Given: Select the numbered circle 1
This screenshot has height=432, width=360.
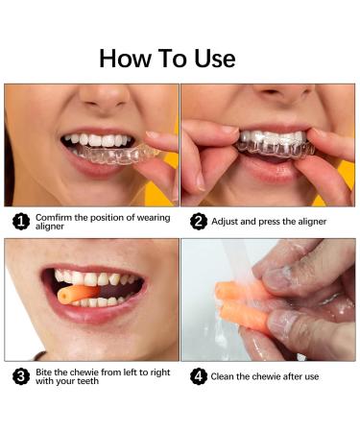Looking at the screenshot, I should (19, 222).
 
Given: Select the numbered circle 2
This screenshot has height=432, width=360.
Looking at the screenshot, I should (199, 222).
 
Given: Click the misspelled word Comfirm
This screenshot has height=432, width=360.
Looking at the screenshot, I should (55, 217).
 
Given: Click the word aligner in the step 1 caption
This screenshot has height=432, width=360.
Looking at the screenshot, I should (52, 228).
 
